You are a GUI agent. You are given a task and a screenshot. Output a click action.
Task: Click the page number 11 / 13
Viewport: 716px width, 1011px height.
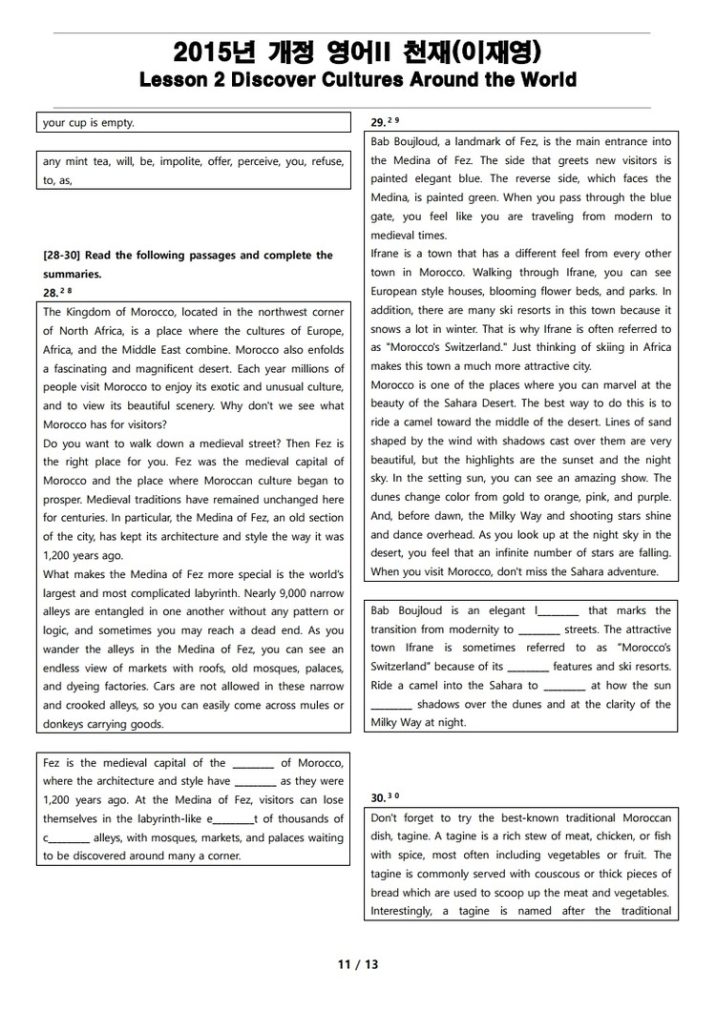358,964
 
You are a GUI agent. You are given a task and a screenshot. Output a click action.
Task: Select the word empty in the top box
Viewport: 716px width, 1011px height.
118,122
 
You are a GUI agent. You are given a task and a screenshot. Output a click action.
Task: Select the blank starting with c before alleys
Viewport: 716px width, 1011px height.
66,838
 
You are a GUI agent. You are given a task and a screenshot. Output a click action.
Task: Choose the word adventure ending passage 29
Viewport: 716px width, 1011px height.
630,572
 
